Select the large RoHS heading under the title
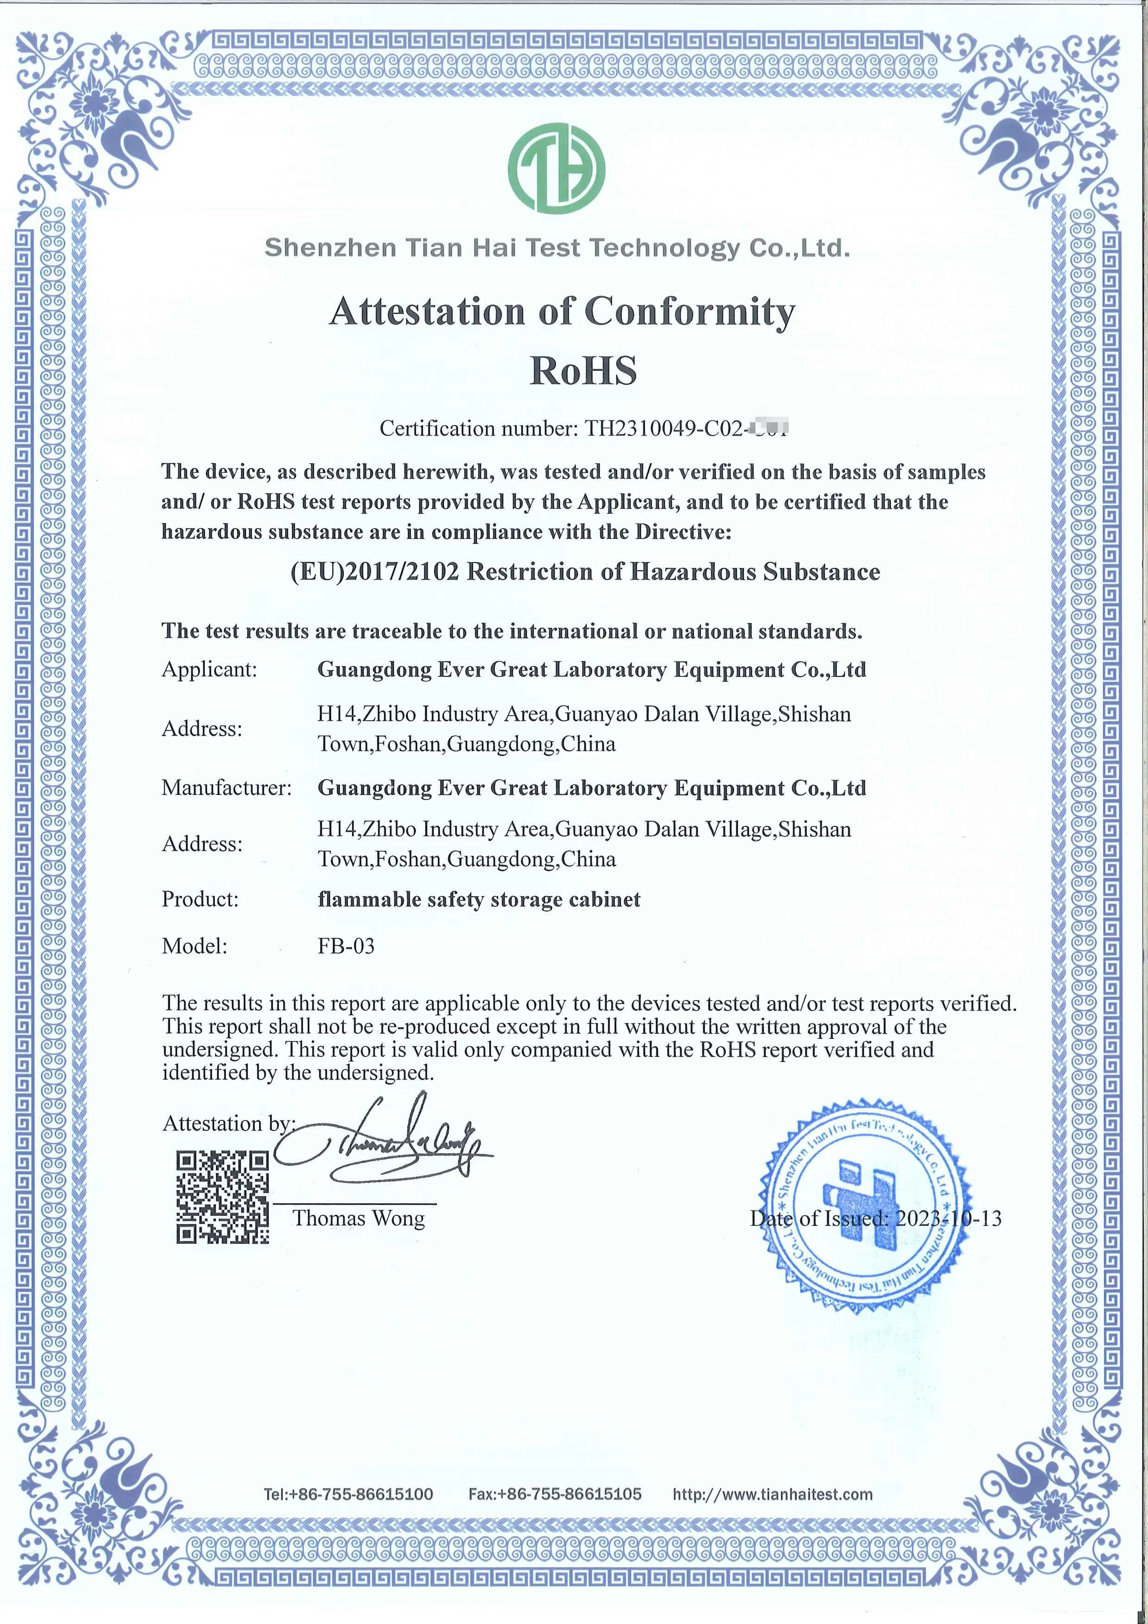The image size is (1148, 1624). pyautogui.click(x=583, y=370)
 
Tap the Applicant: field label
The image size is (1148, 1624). pyautogui.click(x=209, y=669)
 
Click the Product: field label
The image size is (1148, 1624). pyautogui.click(x=200, y=899)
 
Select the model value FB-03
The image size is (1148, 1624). pyautogui.click(x=346, y=946)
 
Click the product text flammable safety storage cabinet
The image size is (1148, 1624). pyautogui.click(x=479, y=899)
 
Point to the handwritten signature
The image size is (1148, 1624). pyautogui.click(x=386, y=1144)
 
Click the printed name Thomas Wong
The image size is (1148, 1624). pyautogui.click(x=359, y=1218)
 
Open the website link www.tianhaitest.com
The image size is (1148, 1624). pyautogui.click(x=773, y=1494)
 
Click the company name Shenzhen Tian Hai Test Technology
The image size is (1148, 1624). pyautogui.click(x=557, y=248)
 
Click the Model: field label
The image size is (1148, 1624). pyautogui.click(x=194, y=946)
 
